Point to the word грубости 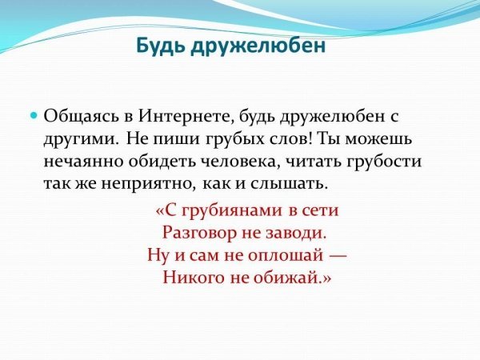(384, 162)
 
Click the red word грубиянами (232, 210)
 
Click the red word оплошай (285, 255)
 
